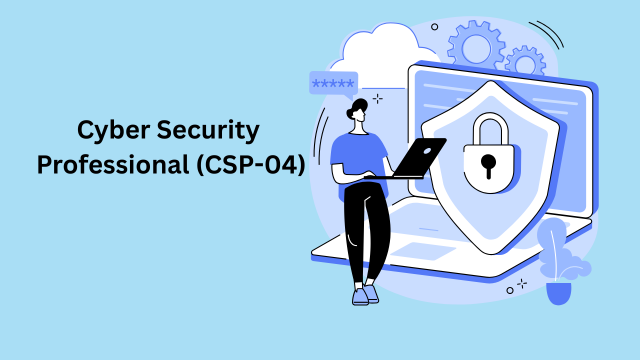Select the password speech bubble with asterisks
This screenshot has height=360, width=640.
tap(333, 83)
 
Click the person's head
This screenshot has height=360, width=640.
tap(357, 115)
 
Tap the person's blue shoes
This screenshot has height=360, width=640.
tap(365, 294)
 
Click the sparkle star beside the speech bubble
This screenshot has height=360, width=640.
tap(377, 98)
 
